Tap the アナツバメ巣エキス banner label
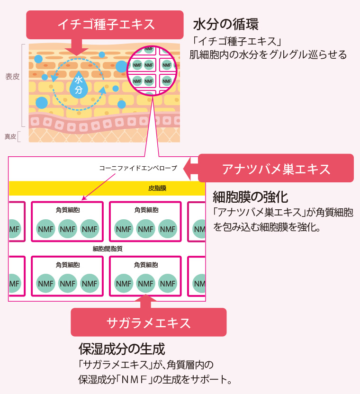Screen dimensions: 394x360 click(276, 169)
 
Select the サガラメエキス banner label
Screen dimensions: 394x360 click(148, 322)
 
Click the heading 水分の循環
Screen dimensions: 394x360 click(225, 25)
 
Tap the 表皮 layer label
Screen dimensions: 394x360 click(12, 76)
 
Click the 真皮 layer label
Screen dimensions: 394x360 click(10, 136)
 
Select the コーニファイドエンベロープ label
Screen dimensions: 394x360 click(138, 168)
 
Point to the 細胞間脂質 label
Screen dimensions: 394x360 click(108, 248)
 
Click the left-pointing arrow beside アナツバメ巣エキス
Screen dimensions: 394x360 click(192, 169)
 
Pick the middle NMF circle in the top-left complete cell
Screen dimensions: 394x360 click(67, 229)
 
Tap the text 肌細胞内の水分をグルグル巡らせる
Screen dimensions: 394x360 click(268, 55)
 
